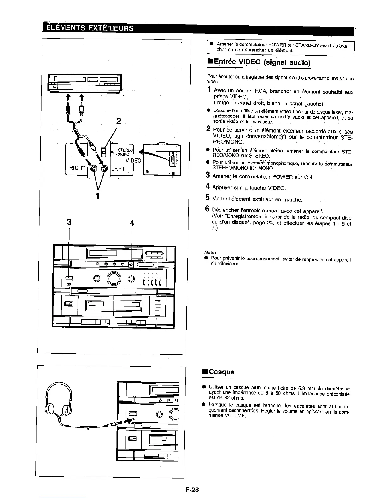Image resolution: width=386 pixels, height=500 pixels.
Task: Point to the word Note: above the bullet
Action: pyautogui.click(x=210, y=252)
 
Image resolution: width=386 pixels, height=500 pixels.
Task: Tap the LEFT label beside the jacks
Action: pyautogui.click(x=118, y=169)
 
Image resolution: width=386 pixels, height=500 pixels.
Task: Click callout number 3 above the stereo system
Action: pyautogui.click(x=69, y=223)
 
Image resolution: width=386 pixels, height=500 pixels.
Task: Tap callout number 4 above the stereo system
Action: pyautogui.click(x=132, y=223)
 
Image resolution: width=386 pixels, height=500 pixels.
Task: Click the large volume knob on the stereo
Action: pyautogui.click(x=114, y=278)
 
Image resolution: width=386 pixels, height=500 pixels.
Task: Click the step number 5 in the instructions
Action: pyautogui.click(x=208, y=198)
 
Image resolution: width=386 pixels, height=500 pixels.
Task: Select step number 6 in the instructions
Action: pyautogui.click(x=208, y=209)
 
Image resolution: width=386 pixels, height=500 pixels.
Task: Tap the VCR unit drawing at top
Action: pyautogui.click(x=85, y=83)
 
